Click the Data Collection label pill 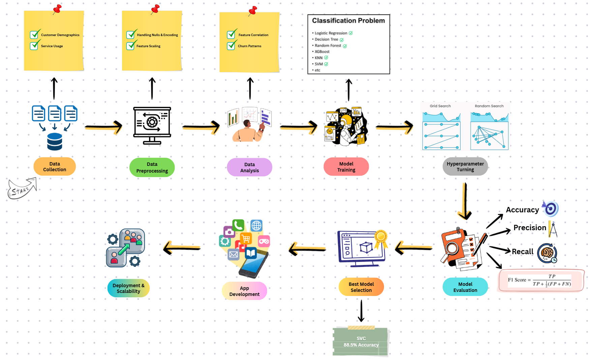coord(55,167)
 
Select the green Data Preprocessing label coord(152,168)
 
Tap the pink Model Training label coord(346,167)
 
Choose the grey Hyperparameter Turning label coord(465,167)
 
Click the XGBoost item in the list coord(322,52)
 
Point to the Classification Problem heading coord(348,21)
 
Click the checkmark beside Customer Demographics coord(35,34)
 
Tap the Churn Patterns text coord(249,46)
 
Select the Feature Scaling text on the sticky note coord(148,46)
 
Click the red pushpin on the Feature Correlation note coord(253,10)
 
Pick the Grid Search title coord(440,106)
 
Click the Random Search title coord(489,106)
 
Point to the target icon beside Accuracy coord(551,209)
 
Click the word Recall coord(523,251)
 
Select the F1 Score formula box coord(541,280)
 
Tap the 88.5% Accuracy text coord(361,345)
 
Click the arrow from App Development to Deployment coord(182,248)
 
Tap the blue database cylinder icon coord(55,142)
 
